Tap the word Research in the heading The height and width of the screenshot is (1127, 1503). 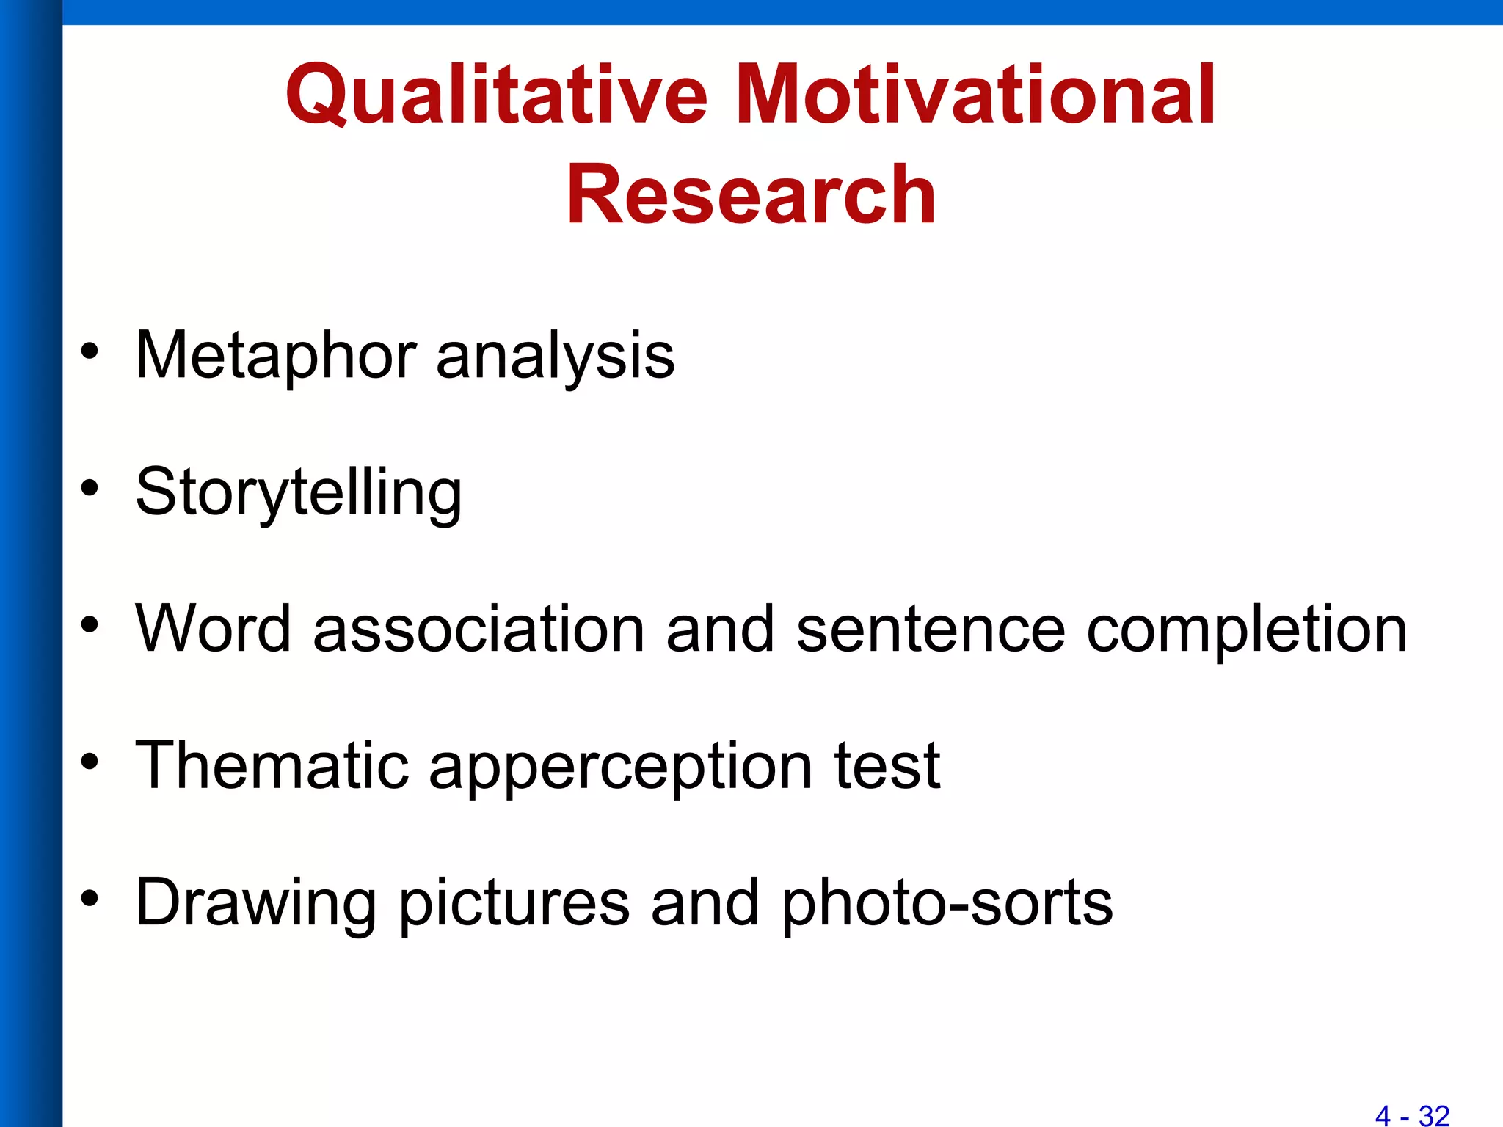[751, 194]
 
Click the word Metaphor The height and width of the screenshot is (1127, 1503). [276, 356]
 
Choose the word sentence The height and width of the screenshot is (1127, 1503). [930, 630]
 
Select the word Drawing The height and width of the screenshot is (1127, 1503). [256, 904]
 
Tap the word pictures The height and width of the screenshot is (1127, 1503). [514, 904]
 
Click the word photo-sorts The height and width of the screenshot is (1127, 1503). [946, 904]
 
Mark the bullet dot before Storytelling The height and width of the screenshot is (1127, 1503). [90, 488]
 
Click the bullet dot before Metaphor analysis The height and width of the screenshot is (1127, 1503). [90, 351]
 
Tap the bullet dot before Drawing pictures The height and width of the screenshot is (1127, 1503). [90, 899]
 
